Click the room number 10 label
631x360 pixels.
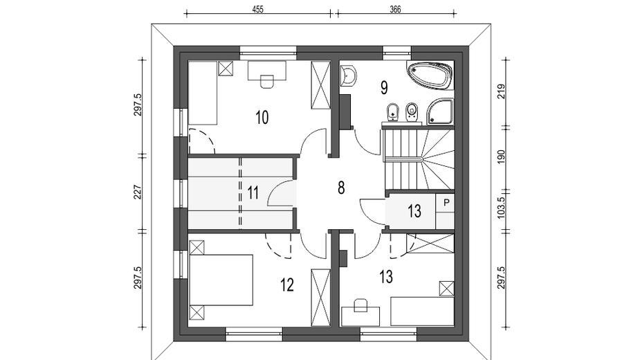(262, 118)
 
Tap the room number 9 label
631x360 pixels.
(384, 87)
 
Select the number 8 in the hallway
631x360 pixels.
(341, 188)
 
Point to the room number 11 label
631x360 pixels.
(253, 192)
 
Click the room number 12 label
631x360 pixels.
(287, 285)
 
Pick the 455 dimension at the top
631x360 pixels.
(257, 9)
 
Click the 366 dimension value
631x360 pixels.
(395, 9)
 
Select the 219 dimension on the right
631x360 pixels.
(501, 91)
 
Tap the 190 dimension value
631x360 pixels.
(501, 156)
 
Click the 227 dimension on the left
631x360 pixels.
(138, 192)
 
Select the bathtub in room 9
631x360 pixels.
(430, 75)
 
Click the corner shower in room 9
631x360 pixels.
(440, 111)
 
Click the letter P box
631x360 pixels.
(446, 203)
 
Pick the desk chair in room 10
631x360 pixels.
(267, 81)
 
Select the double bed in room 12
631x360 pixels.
(221, 280)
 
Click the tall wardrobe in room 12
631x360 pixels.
(321, 296)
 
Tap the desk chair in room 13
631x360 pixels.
(360, 305)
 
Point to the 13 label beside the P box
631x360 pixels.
(414, 211)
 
